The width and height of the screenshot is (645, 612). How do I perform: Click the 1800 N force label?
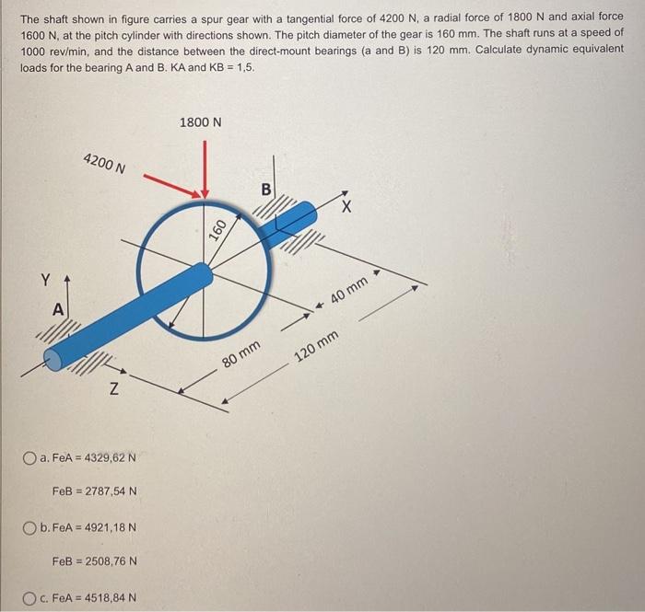tap(201, 122)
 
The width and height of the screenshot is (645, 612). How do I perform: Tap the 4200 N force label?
tap(104, 166)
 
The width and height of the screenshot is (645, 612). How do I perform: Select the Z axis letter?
tap(112, 390)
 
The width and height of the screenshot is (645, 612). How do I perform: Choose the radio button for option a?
tap(32, 457)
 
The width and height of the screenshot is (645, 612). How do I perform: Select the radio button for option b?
tap(32, 527)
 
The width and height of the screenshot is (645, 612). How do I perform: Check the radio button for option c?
tap(32, 597)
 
